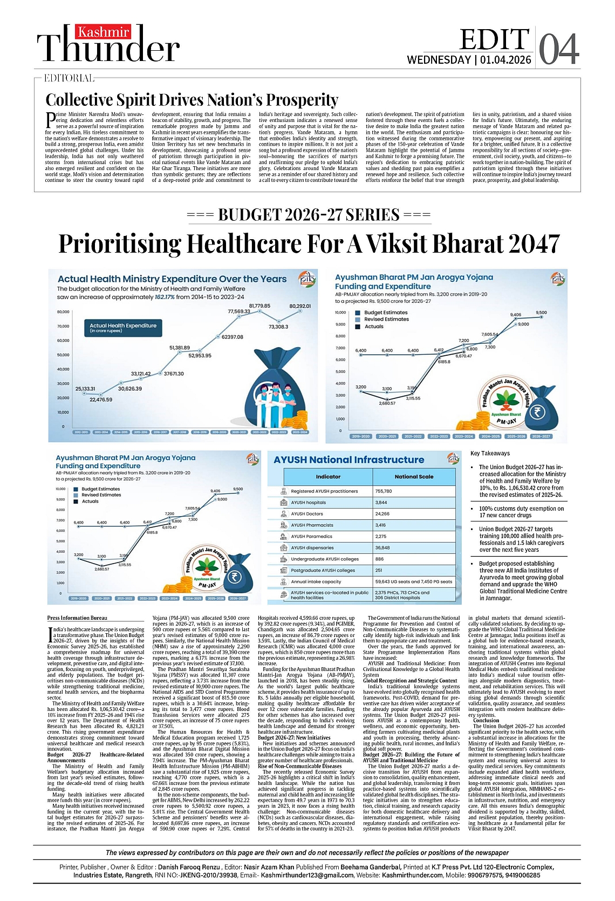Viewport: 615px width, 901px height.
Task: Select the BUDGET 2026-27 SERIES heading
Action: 309,215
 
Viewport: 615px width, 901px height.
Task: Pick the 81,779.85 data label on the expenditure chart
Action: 259,306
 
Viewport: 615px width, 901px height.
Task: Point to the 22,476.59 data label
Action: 101,399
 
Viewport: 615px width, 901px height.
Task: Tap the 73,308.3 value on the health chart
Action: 278,327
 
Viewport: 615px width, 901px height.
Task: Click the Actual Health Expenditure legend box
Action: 123,328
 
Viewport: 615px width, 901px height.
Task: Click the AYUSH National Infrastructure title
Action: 348,460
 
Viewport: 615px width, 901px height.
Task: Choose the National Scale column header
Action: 414,477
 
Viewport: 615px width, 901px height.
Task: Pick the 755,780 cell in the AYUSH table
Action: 383,491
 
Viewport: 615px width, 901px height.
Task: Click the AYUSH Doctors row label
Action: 307,514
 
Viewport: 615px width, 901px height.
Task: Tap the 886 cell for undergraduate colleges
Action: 379,559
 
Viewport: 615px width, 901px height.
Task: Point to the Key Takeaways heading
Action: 490,453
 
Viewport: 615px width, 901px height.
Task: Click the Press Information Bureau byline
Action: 77,618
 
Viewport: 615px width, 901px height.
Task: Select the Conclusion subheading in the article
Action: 486,720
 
